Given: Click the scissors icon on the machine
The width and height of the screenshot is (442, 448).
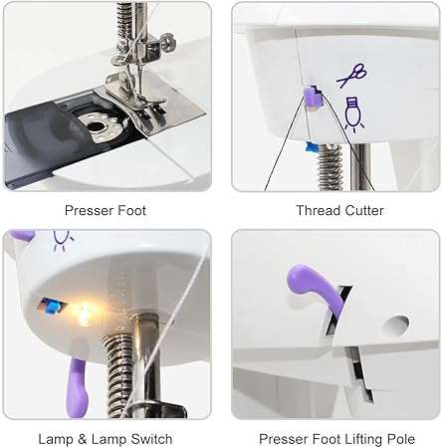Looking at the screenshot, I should pyautogui.click(x=350, y=76).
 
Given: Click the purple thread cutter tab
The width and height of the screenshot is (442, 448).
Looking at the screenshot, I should pyautogui.click(x=310, y=97).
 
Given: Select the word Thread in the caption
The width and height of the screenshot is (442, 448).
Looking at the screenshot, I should pyautogui.click(x=317, y=210).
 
